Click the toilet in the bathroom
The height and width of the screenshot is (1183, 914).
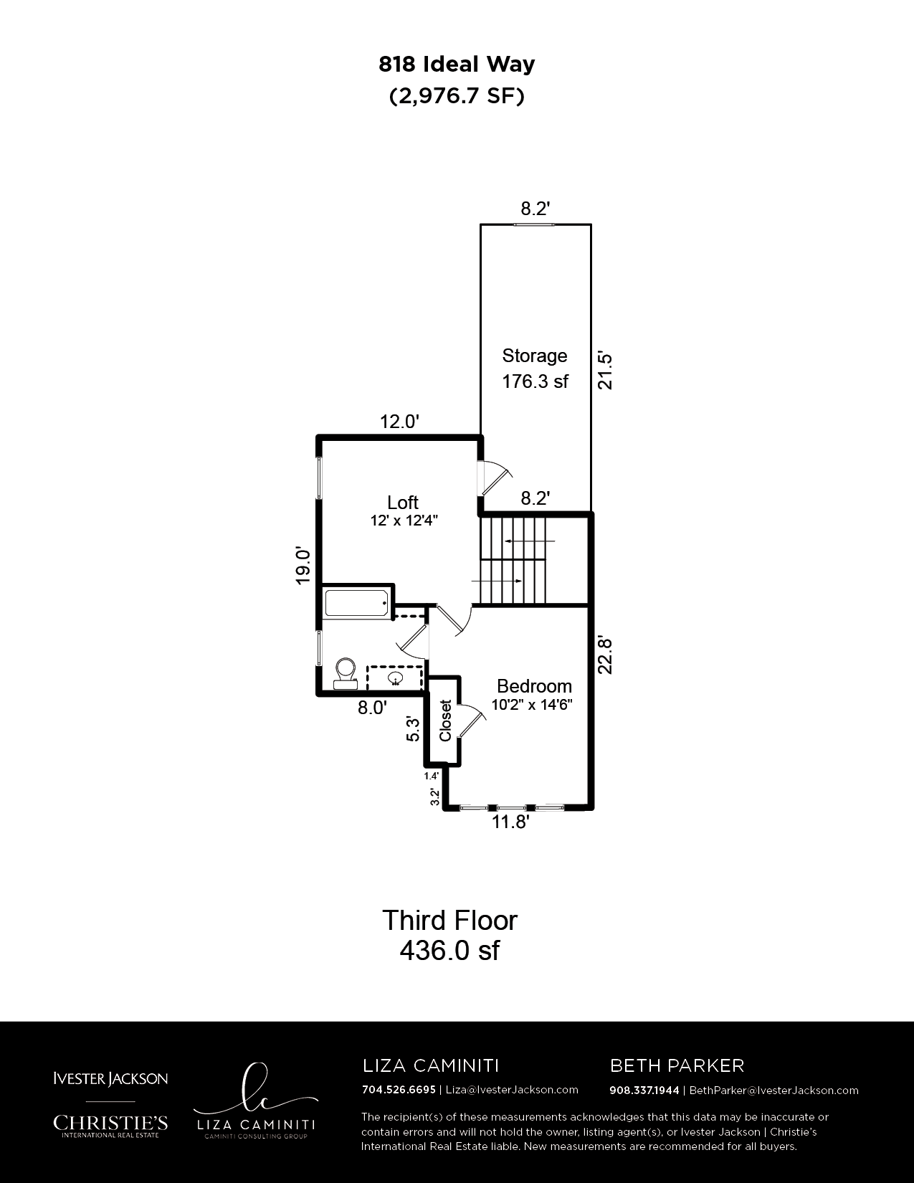point(346,673)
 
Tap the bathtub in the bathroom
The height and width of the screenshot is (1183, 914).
point(357,603)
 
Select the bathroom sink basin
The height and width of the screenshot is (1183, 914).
point(395,678)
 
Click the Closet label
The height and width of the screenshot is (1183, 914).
point(445,721)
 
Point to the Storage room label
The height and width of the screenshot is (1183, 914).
point(535,356)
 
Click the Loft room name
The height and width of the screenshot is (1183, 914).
point(403,502)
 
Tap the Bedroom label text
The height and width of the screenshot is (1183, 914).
point(534,686)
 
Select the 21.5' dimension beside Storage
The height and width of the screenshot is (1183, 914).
point(605,371)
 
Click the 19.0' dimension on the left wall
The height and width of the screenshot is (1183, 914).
point(303,566)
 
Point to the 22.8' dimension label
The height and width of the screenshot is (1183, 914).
point(605,655)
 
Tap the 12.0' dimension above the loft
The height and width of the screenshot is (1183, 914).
point(399,422)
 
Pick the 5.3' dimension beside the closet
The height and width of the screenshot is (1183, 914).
point(413,729)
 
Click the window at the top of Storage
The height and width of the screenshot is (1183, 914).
point(535,224)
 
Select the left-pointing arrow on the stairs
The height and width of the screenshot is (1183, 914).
point(530,541)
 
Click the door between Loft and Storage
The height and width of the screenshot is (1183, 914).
point(495,478)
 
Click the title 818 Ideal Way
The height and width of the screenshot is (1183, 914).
point(457,65)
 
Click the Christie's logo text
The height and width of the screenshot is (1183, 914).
point(110,1123)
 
